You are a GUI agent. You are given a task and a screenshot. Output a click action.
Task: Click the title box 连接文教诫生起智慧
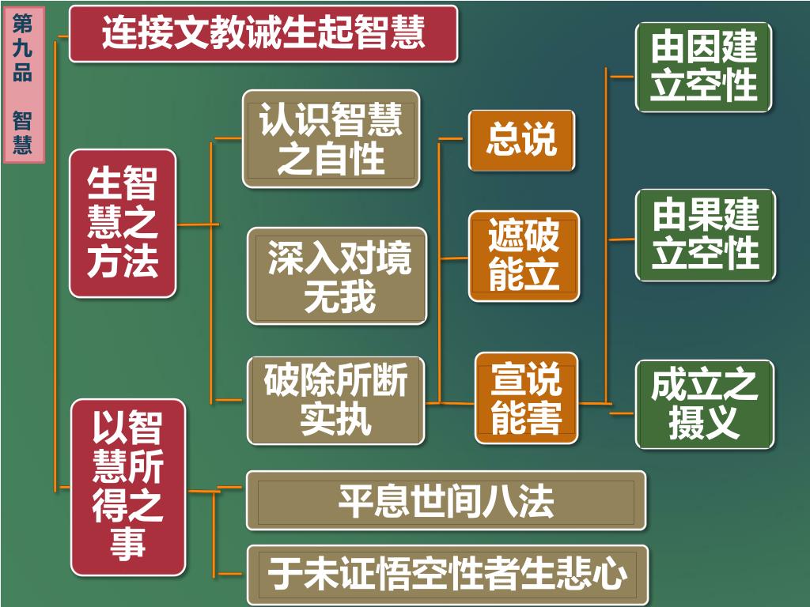pos(263,33)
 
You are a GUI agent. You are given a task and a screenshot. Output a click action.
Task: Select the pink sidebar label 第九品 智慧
pos(24,84)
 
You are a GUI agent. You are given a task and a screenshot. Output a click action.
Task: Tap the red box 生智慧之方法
pos(123,224)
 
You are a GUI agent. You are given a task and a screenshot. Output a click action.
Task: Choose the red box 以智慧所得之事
pos(128,488)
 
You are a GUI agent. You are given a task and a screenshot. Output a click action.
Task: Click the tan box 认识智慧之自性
pos(331,139)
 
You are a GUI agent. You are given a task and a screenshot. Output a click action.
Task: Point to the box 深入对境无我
pos(338,276)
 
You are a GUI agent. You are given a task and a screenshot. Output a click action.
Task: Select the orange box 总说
pos(521,140)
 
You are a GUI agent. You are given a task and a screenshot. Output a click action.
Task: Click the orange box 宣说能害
pos(526,398)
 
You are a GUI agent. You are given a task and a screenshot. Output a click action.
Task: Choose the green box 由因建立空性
pos(704,67)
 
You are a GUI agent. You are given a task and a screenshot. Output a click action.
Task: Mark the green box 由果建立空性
pos(705,235)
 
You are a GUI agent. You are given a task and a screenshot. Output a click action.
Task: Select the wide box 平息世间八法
pos(446,500)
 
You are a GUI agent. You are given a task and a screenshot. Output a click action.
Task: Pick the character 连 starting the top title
pos(119,33)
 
